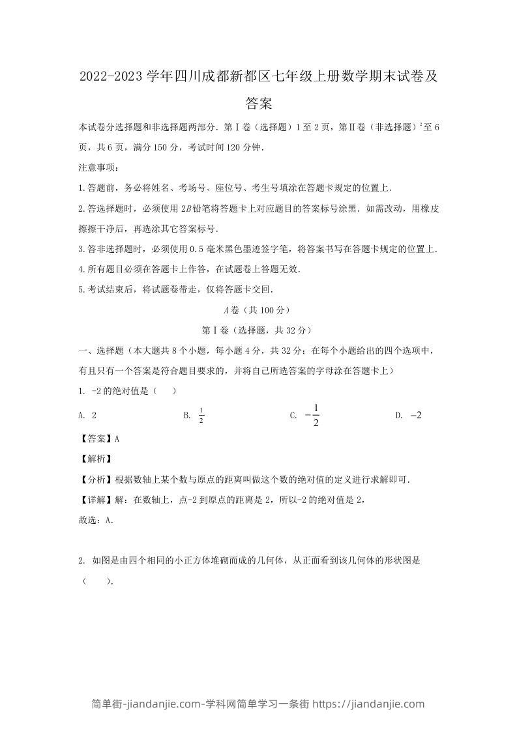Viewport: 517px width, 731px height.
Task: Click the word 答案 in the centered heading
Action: (x=259, y=103)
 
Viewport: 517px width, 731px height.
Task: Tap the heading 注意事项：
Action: (x=98, y=168)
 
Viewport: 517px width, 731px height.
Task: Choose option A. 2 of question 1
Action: (x=87, y=415)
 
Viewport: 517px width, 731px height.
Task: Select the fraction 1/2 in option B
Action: (x=201, y=415)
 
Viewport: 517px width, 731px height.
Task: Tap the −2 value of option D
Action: (x=417, y=415)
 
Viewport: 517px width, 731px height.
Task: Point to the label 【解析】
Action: (x=96, y=459)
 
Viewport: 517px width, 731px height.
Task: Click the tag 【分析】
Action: (x=96, y=479)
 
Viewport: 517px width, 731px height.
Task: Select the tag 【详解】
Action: (x=96, y=499)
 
